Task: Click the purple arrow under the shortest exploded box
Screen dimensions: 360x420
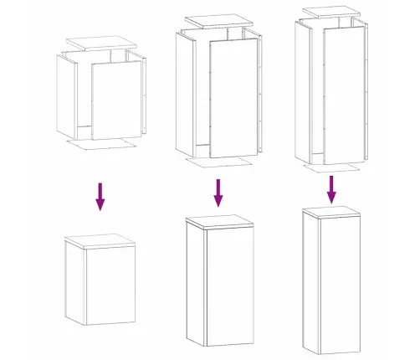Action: pyautogui.click(x=100, y=196)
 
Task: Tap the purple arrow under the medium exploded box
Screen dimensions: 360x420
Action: pyautogui.click(x=218, y=192)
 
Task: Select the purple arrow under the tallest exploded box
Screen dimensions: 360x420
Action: pyautogui.click(x=332, y=188)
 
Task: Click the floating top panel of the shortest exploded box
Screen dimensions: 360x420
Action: pyautogui.click(x=100, y=43)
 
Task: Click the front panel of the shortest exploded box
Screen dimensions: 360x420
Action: pyautogui.click(x=116, y=100)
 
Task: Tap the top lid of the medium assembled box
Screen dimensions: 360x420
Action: pyautogui.click(x=218, y=222)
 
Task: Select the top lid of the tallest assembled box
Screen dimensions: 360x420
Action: pyautogui.click(x=332, y=209)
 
